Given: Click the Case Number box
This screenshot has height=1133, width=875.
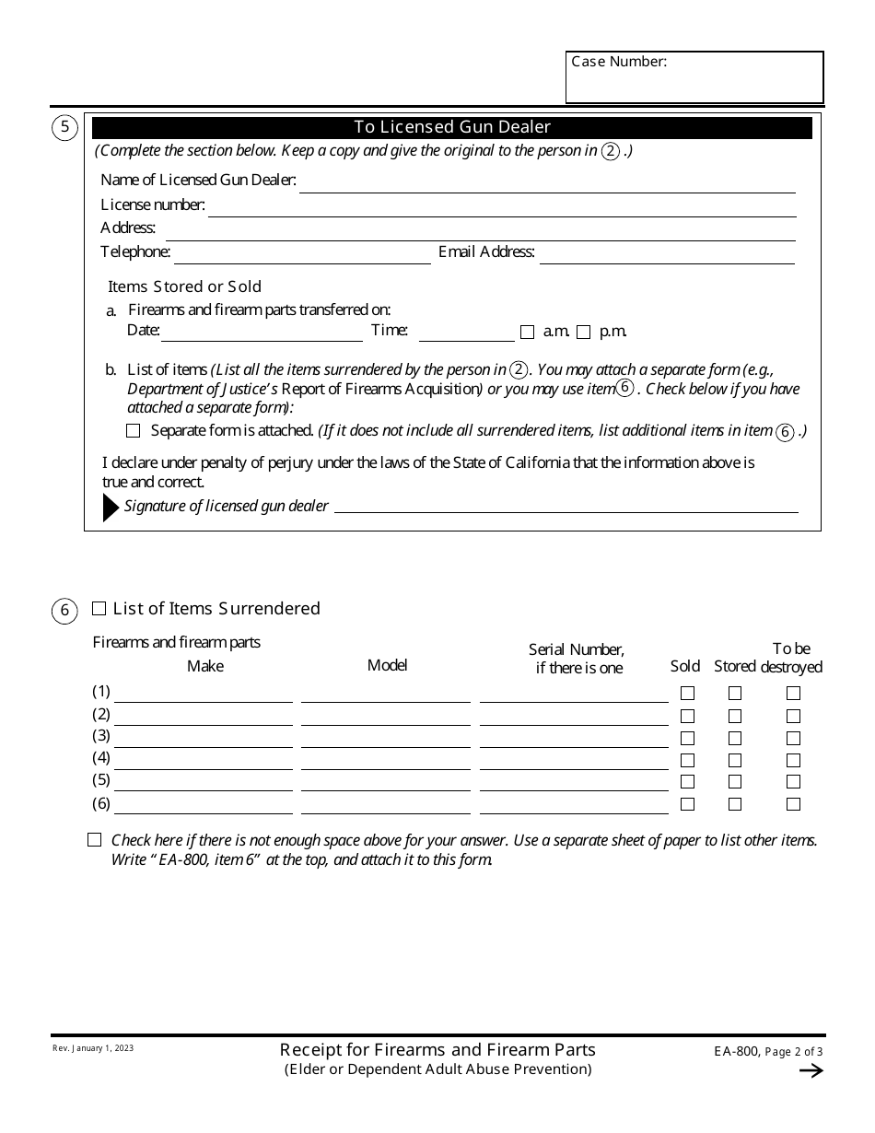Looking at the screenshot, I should click(694, 77).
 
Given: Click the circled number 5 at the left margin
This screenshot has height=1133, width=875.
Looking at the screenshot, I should click(64, 128).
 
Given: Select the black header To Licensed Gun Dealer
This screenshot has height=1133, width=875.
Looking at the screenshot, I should click(452, 127).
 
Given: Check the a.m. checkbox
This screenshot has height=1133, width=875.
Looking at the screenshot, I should click(528, 333).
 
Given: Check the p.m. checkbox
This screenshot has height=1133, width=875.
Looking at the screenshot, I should click(584, 333).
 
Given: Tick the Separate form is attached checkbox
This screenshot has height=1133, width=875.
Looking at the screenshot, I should click(134, 430).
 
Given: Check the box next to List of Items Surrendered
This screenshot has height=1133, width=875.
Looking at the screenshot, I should click(99, 609).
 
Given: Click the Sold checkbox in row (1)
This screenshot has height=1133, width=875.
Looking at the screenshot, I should click(687, 694).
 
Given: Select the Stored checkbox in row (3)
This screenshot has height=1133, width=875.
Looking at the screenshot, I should click(735, 738).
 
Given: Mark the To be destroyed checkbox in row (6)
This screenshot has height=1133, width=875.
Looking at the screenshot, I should click(793, 804).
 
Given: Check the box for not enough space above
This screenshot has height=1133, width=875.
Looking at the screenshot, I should click(95, 840).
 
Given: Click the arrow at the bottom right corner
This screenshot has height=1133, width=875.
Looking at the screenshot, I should click(811, 1070).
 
